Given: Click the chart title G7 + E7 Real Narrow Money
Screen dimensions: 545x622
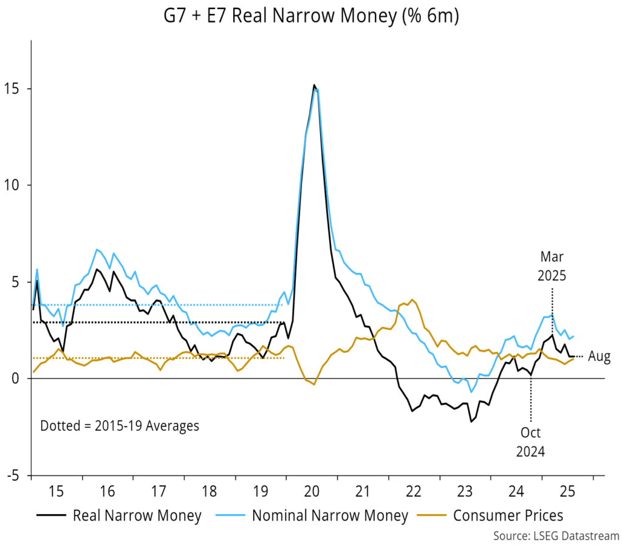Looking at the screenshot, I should pos(310,18).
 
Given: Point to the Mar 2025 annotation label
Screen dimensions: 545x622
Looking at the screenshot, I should pos(552,266).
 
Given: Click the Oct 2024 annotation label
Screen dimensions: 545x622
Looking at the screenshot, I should pos(531,442).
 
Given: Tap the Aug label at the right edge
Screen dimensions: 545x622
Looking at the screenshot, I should pos(599,357).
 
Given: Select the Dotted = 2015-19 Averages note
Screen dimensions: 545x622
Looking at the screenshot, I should pos(119,426).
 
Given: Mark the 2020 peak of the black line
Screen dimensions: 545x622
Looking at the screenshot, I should pos(314,85).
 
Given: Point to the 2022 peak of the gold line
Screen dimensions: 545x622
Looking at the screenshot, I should pos(412,300).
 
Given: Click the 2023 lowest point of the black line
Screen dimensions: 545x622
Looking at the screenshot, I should pos(471,422).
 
